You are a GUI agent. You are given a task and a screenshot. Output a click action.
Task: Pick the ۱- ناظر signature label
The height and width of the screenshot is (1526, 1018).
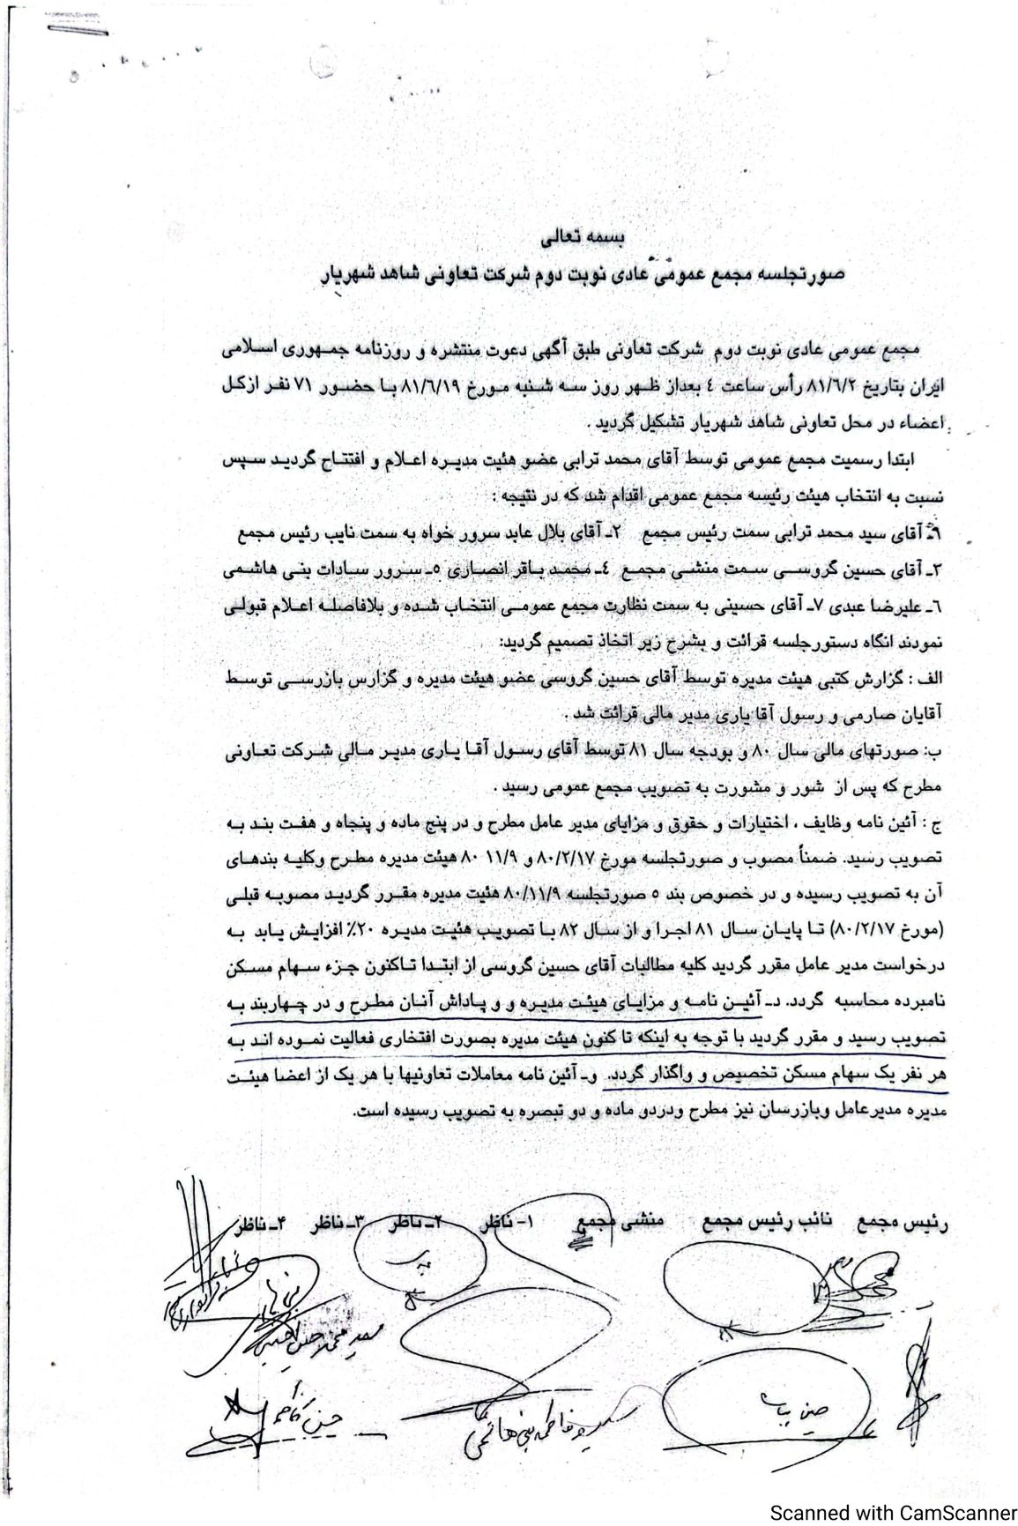point(506,1225)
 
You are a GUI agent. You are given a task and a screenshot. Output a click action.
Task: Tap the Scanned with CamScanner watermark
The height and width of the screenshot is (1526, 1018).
point(893,1513)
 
